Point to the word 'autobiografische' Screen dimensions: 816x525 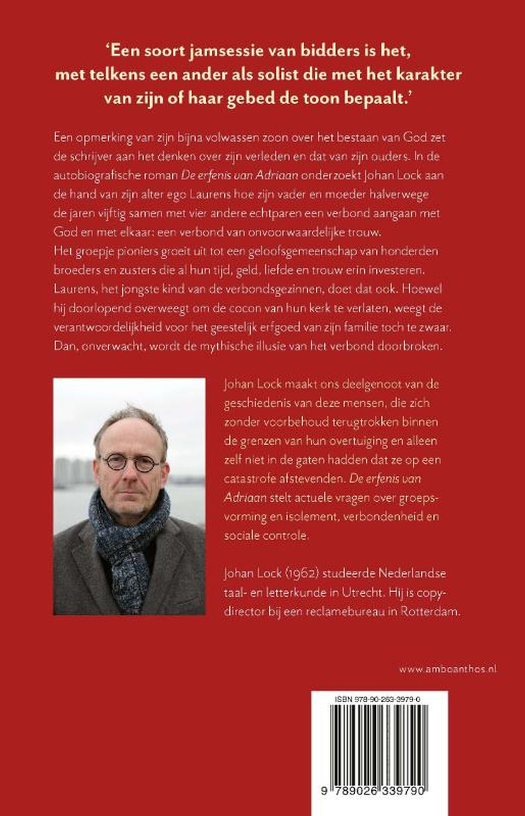(95, 175)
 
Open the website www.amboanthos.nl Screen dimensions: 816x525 (448, 669)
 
